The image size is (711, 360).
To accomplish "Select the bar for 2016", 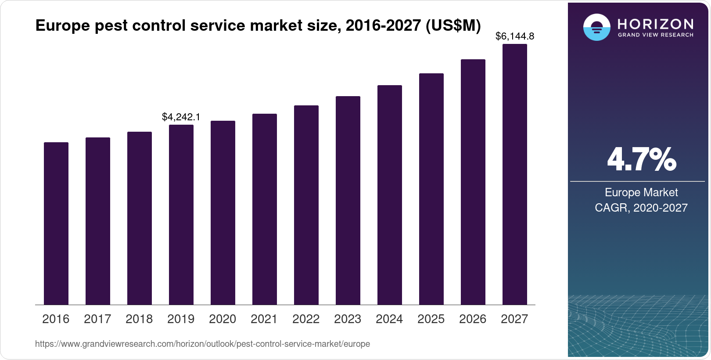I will point(56,223).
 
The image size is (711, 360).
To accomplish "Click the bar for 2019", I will point(181,215).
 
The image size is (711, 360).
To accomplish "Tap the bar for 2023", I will point(348,200).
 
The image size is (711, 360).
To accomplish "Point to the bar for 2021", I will point(265,209).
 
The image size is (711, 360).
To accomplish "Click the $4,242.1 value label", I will point(181,117).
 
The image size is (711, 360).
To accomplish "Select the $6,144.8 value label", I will point(514,36).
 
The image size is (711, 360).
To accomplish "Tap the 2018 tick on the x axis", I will point(139,319).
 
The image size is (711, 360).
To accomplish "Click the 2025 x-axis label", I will point(431,319).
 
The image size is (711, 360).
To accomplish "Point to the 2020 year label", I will point(223,319).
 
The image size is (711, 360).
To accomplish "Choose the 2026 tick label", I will point(473,319).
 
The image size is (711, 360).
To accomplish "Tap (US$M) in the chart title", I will point(453,26).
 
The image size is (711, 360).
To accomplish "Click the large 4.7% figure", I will point(641,160).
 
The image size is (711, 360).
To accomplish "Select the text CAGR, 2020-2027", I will point(641,208).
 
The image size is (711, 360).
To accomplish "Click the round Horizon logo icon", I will point(596,27).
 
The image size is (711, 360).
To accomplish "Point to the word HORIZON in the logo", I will point(655,24).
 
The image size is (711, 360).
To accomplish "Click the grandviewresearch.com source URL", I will point(202,344).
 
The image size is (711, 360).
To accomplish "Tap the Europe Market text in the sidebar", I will point(641,192).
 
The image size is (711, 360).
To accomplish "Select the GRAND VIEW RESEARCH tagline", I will point(655,35).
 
